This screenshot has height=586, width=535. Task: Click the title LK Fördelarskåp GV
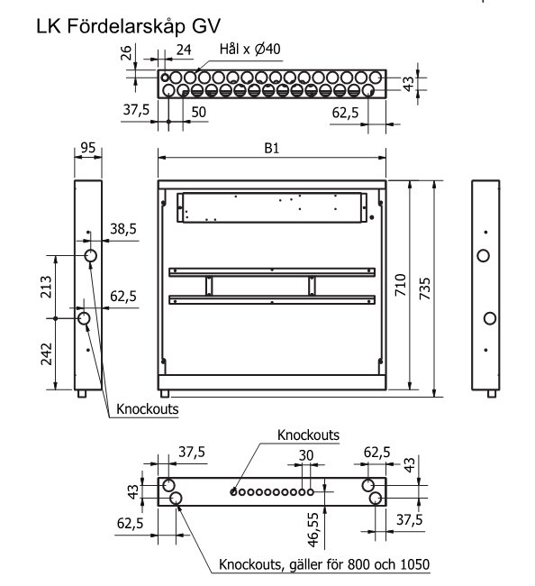click(x=128, y=26)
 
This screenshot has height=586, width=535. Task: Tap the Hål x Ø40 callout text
click(x=249, y=49)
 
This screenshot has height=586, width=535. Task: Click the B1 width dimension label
click(x=271, y=149)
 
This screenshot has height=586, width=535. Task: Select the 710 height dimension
click(x=400, y=285)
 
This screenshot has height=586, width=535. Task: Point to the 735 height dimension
click(x=425, y=288)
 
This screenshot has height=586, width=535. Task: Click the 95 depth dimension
click(x=87, y=148)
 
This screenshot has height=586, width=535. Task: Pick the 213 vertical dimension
click(x=46, y=287)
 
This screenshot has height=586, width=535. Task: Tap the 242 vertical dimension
click(x=46, y=354)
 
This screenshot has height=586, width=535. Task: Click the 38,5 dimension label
click(x=123, y=229)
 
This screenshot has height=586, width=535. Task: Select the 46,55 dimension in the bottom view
click(x=313, y=529)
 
